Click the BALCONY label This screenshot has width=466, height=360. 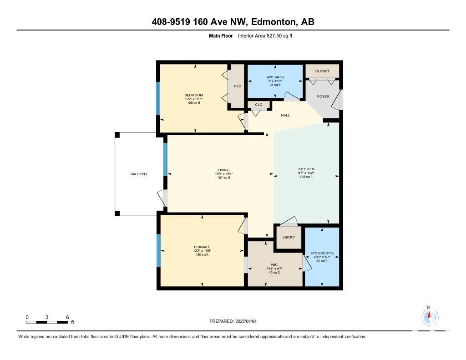pyautogui.click(x=139, y=174)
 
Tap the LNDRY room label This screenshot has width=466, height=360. pyautogui.click(x=289, y=237)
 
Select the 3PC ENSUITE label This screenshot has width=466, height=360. pyautogui.click(x=322, y=254)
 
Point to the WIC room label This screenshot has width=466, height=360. pyautogui.click(x=274, y=264)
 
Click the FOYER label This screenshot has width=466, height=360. pyautogui.click(x=323, y=96)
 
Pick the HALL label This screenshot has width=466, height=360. pyautogui.click(x=285, y=115)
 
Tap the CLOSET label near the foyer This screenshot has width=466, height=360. pyautogui.click(x=322, y=71)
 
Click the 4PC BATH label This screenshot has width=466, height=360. pyautogui.click(x=275, y=77)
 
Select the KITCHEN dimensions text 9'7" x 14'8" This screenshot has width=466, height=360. pyautogui.click(x=306, y=172)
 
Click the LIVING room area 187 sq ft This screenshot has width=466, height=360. pyautogui.click(x=223, y=178)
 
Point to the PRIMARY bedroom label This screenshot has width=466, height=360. pyautogui.click(x=202, y=247)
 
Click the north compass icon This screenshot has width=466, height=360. pyautogui.click(x=430, y=317)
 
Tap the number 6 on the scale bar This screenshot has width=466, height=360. pyautogui.click(x=67, y=317)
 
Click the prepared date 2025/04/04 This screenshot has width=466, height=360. pyautogui.click(x=246, y=321)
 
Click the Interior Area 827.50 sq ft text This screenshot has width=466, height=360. pyautogui.click(x=265, y=36)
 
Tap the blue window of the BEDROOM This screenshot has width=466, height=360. pyautogui.click(x=158, y=98)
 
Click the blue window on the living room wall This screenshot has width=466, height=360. pyautogui.click(x=166, y=159)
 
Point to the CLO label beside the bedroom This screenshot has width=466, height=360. pyautogui.click(x=238, y=86)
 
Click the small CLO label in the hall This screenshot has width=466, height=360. pyautogui.click(x=258, y=105)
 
